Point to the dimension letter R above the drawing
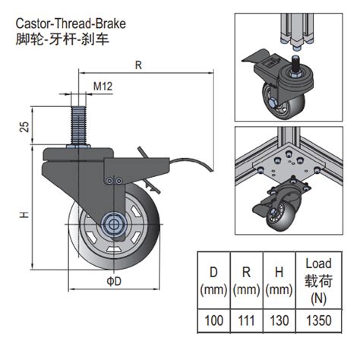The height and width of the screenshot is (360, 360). click(x=138, y=66)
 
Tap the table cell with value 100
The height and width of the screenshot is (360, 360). click(x=215, y=321)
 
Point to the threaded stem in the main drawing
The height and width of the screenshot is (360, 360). click(x=82, y=122)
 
